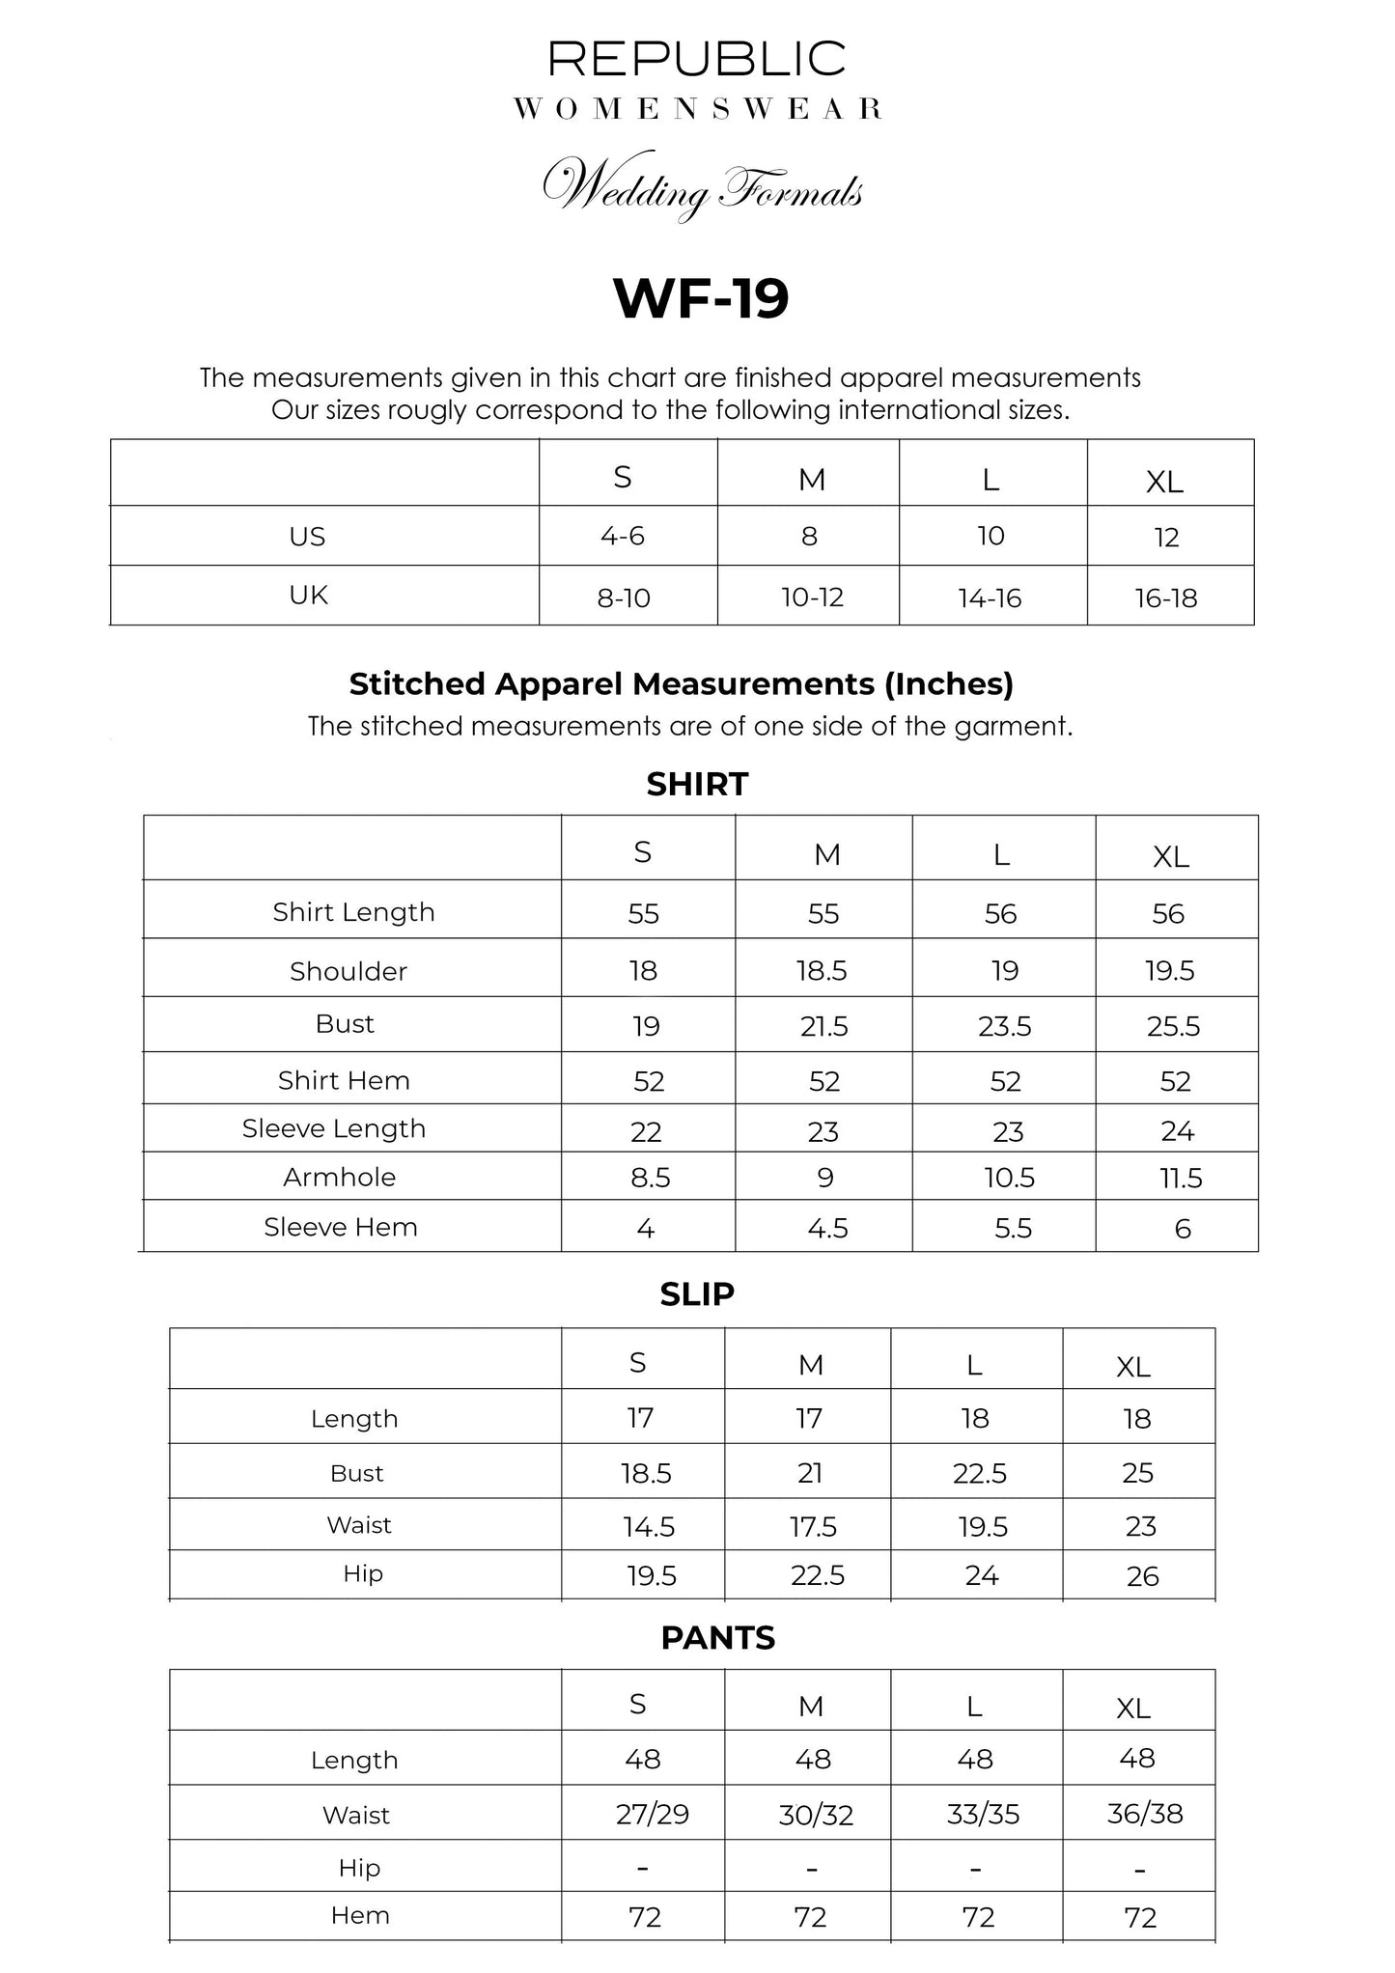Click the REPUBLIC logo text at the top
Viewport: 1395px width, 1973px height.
[x=697, y=59]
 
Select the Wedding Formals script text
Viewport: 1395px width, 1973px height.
[x=703, y=186]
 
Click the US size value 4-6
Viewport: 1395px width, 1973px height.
[x=623, y=536]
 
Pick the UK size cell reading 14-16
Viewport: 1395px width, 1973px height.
[x=990, y=598]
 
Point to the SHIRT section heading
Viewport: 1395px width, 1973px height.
[x=697, y=784]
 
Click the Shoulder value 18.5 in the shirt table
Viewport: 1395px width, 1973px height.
[x=822, y=971]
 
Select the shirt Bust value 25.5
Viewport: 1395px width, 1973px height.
[x=1173, y=1026]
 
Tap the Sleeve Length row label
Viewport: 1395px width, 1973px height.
[x=334, y=1128]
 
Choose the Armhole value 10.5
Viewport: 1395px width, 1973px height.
[x=1008, y=1178]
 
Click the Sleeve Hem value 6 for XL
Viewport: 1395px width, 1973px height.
[x=1183, y=1229]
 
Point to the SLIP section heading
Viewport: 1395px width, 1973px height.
[x=697, y=1293]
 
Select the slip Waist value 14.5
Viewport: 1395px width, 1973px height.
[x=649, y=1526]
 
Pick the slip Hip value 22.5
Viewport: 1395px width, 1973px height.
[x=818, y=1575]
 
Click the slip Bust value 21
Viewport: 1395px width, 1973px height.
[x=810, y=1472]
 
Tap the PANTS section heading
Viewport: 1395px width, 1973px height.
[x=717, y=1638]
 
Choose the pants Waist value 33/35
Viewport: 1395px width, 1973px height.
[x=983, y=1814]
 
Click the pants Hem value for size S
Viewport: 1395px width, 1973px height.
[x=645, y=1916]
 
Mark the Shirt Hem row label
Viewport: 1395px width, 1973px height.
[x=344, y=1080]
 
